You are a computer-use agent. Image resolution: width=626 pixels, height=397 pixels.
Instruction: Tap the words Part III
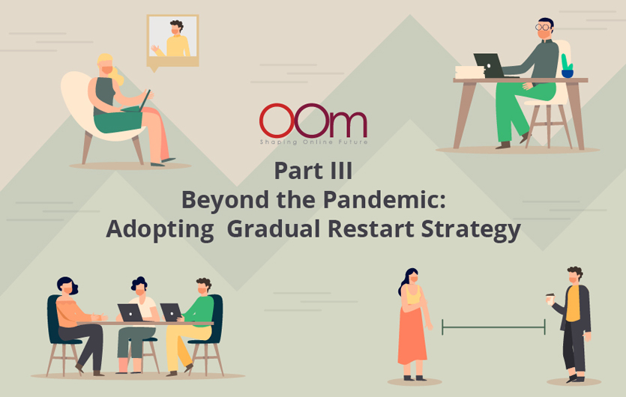313,171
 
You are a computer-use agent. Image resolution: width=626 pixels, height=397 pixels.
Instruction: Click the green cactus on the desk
567,66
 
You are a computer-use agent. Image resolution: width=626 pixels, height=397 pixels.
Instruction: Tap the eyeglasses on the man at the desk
543,27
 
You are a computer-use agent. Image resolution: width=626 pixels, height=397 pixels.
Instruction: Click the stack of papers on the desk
470,72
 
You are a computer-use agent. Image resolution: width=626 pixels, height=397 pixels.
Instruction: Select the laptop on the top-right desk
490,66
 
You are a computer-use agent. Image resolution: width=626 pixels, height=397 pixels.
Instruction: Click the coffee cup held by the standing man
550,299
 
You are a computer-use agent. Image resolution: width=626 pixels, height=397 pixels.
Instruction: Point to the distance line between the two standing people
493,327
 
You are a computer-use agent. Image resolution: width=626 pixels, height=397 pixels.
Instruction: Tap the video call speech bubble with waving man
173,42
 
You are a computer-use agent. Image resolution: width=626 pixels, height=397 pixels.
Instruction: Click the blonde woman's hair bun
118,76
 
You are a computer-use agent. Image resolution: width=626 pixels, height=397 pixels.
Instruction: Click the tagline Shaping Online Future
313,142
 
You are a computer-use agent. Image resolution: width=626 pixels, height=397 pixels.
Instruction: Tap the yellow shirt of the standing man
573,303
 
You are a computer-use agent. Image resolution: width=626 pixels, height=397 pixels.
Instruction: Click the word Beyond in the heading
225,199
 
